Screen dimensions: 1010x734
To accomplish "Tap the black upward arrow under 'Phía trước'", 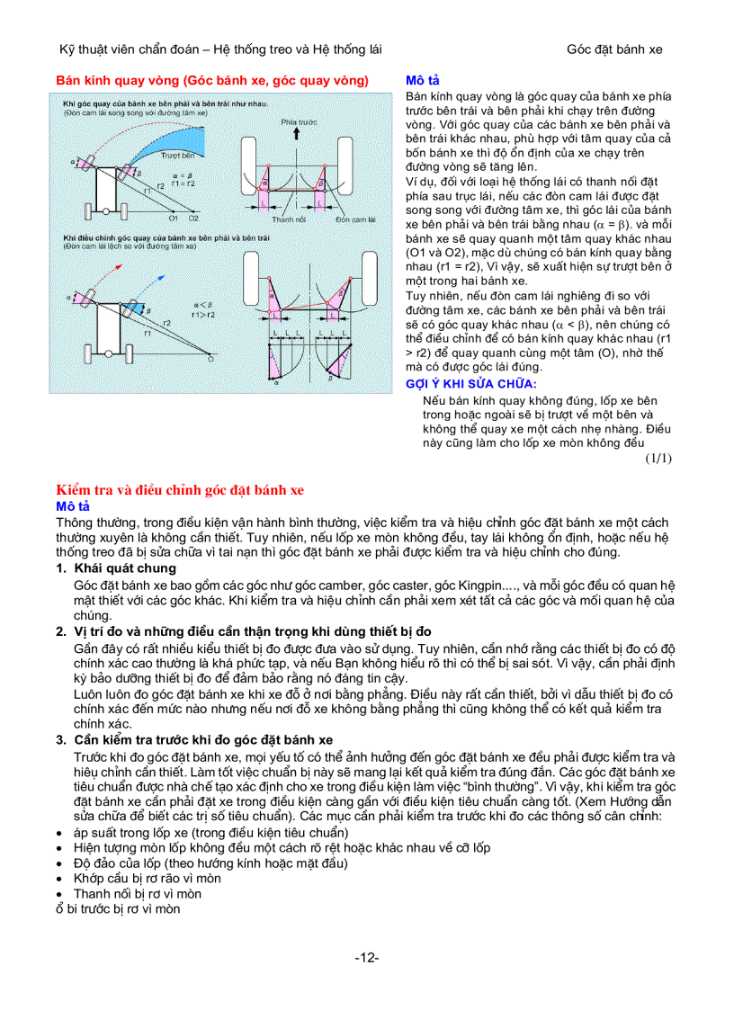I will (293, 136).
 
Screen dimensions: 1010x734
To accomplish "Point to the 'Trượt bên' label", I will (177, 155).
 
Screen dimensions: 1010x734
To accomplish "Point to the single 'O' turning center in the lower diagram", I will (210, 358).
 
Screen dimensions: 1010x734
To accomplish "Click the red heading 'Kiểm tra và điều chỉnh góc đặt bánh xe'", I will (180, 490).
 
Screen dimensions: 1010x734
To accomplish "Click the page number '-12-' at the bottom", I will (366, 958).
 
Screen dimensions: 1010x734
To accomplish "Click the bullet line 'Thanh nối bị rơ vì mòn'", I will (137, 894).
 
